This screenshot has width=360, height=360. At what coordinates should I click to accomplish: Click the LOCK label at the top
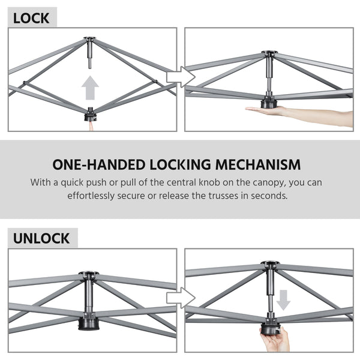coord(31,18)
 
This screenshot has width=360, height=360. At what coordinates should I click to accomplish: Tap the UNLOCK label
coord(41,238)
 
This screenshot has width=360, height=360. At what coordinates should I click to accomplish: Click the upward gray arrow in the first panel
coord(90,89)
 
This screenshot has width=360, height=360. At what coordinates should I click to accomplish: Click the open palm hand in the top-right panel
coord(312,114)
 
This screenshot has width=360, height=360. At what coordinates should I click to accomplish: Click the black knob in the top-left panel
coord(91,112)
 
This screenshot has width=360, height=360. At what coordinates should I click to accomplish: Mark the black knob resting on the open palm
coord(269,104)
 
